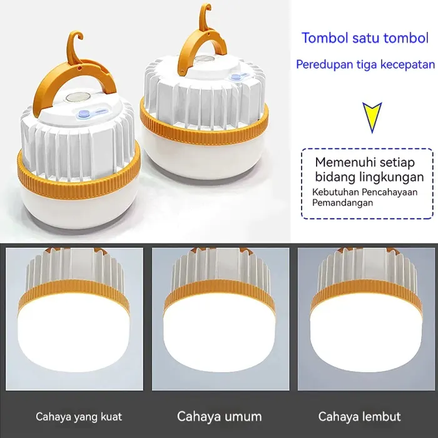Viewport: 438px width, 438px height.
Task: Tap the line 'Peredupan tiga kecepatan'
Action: [365, 64]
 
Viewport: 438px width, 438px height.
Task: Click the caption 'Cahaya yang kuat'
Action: [79, 416]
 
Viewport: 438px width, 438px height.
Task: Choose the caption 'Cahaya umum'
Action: [220, 416]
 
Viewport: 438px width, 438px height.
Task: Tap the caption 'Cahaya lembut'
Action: [360, 416]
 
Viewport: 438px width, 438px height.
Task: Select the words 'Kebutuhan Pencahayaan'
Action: [365, 192]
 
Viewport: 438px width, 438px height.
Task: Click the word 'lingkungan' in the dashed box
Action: [399, 176]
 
